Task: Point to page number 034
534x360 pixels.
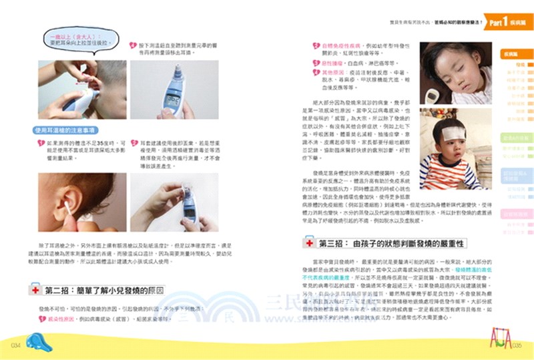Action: click(19, 345)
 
